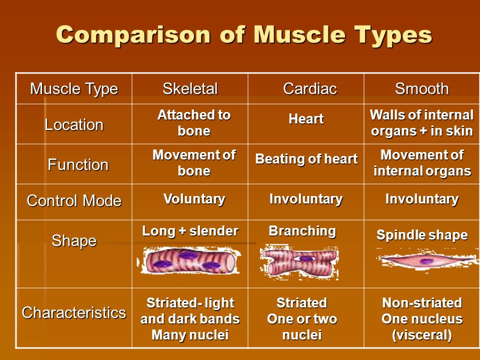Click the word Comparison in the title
[x=133, y=34]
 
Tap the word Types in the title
[x=393, y=35]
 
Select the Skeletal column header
[x=190, y=89]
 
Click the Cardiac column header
[x=310, y=89]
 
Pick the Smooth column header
[x=422, y=89]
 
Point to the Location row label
[x=74, y=125]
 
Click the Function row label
[x=78, y=164]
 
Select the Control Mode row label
[x=74, y=201]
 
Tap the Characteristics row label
[x=74, y=313]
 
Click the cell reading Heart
[x=306, y=119]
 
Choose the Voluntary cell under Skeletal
[x=194, y=199]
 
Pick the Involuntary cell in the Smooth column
[x=422, y=199]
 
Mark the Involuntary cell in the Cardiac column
[x=306, y=199]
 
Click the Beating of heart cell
[x=306, y=159]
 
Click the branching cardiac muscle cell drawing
[x=299, y=262]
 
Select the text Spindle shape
[x=422, y=235]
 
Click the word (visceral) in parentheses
[x=422, y=335]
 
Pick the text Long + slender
[x=190, y=231]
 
